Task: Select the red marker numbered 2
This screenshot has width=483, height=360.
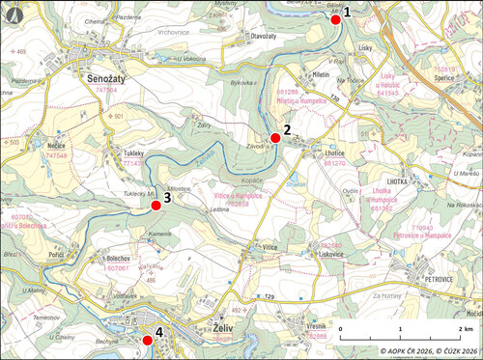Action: click(275, 138)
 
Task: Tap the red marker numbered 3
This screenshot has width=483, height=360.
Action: click(156, 205)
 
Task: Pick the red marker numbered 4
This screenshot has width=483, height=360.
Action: click(148, 340)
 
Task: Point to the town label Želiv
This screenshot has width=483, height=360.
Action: click(225, 328)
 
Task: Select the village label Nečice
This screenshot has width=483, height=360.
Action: click(54, 143)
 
